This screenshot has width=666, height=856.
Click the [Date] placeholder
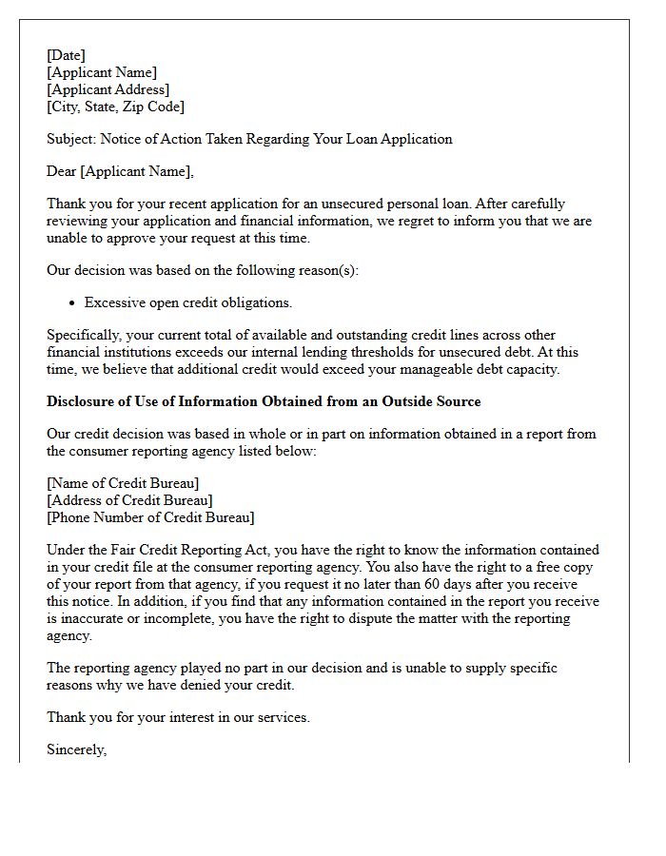[66, 55]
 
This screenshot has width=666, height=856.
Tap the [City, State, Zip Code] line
[115, 107]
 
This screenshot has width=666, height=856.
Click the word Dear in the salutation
[63, 171]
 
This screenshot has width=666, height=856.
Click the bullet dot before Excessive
[72, 302]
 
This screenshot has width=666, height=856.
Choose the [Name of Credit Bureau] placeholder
[123, 483]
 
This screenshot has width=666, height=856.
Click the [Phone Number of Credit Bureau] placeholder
[150, 517]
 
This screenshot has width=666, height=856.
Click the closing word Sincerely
[76, 749]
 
